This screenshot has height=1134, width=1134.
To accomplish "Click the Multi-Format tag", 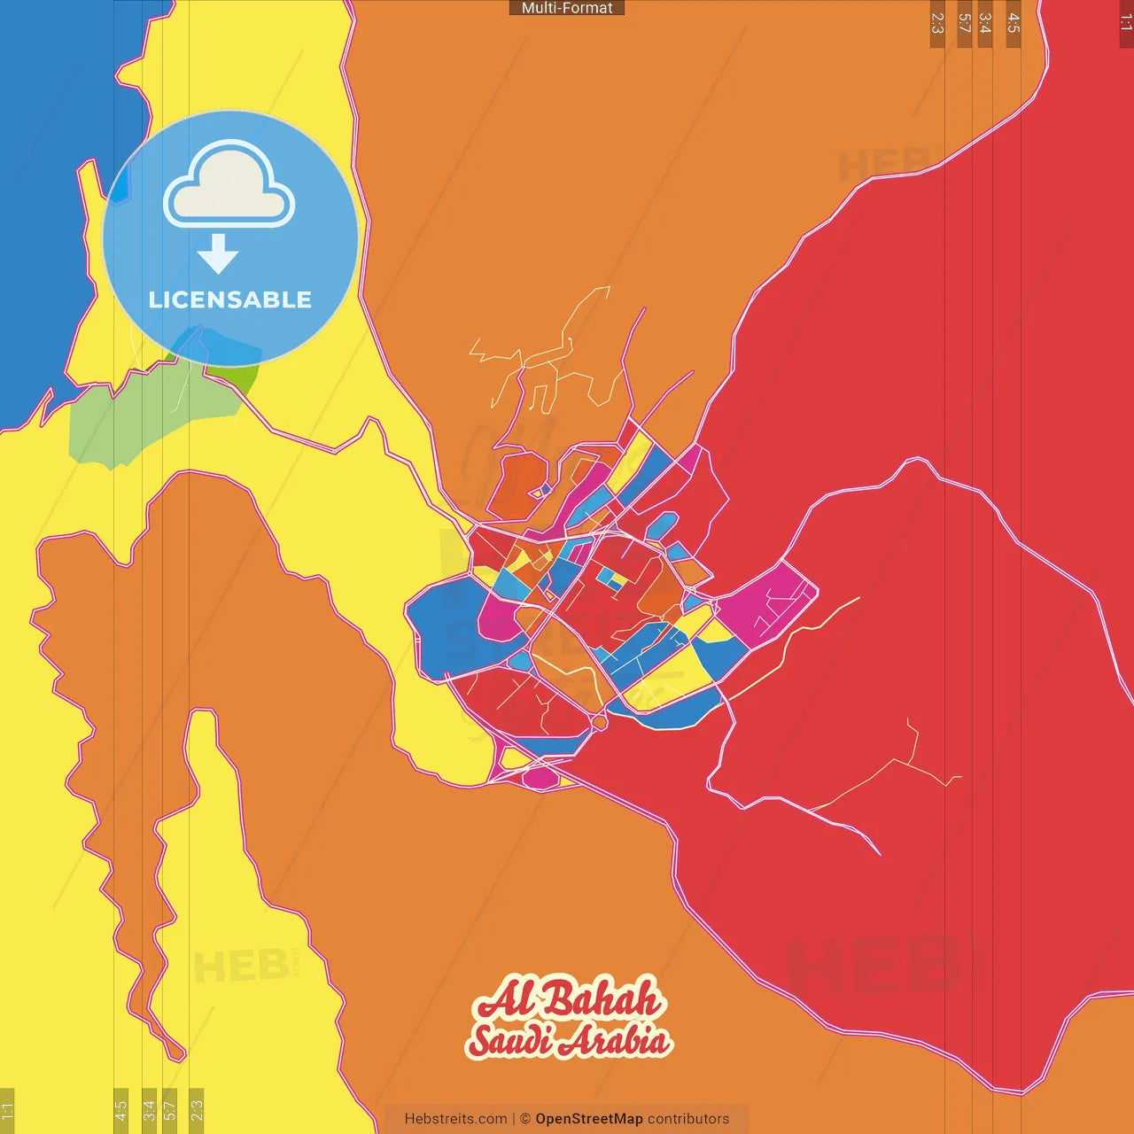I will tap(567, 8).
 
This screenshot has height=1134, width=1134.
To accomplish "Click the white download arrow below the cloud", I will tap(218, 254).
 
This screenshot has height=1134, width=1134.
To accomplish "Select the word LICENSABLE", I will tap(230, 299).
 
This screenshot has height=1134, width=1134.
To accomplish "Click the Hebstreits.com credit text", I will tap(455, 1119).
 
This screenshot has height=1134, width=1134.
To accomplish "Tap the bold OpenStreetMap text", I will tap(588, 1119).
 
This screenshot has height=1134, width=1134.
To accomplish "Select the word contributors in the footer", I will tap(688, 1119).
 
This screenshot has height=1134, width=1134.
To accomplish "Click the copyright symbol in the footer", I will tap(524, 1119).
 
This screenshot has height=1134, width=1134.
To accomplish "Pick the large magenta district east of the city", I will tap(766, 602).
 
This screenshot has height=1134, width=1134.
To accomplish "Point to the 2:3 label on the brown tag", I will tap(937, 24).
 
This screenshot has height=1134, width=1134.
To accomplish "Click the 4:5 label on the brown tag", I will tap(1014, 24).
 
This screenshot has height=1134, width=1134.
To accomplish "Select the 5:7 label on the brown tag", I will tap(964, 24).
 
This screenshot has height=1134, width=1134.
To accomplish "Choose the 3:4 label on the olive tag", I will tap(149, 1110).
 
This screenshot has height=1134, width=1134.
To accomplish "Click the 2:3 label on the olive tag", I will tap(197, 1110).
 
